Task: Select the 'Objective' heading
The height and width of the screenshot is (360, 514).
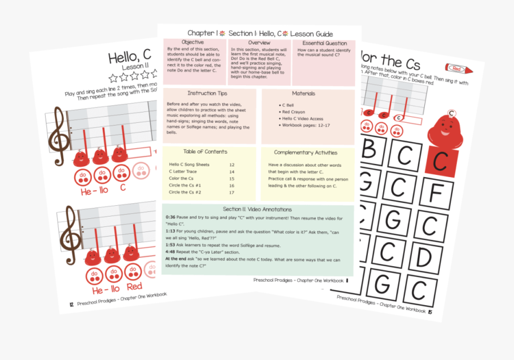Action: (192, 43)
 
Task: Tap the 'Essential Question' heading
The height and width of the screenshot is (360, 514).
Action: (324, 43)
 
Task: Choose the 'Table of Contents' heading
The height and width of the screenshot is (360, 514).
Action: (205, 152)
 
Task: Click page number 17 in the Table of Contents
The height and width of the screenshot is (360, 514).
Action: (231, 193)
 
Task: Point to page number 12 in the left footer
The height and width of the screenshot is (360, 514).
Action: (71, 305)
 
